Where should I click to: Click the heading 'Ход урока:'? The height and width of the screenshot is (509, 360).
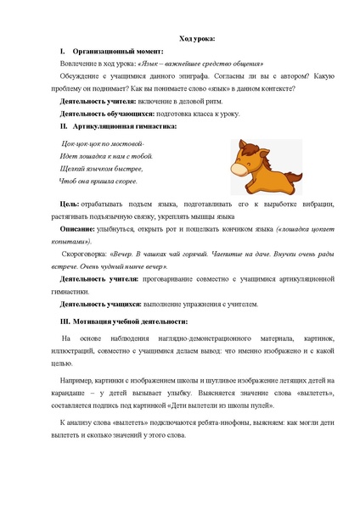click(195, 39)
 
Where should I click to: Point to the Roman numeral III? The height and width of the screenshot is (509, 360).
click(65, 322)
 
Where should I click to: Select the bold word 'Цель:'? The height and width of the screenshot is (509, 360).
click(70, 204)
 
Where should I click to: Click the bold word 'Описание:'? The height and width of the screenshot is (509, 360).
click(78, 229)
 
